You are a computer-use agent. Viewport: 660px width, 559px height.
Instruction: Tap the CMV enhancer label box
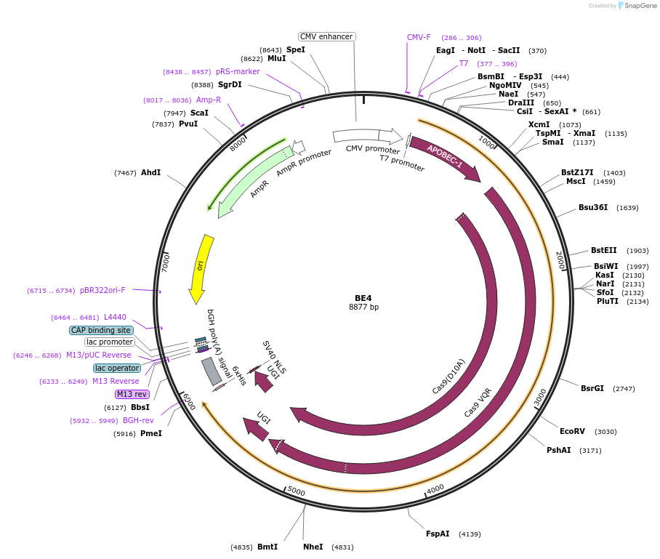(327, 36)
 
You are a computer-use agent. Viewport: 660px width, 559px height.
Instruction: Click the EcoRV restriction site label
(572, 431)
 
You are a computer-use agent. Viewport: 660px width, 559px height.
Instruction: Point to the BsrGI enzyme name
(592, 388)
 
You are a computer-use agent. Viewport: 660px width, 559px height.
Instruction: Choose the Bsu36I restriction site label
(593, 207)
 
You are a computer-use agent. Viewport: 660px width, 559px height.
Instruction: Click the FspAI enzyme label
(438, 534)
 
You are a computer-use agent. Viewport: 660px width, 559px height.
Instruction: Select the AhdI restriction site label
(150, 172)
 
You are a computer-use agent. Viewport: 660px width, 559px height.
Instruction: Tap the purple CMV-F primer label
(419, 37)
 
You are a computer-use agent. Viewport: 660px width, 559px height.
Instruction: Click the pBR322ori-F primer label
(102, 290)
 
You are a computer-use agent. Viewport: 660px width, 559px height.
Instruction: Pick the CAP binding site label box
(101, 330)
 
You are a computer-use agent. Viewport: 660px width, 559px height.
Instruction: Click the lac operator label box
(116, 368)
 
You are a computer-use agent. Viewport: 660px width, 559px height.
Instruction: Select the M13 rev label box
(132, 394)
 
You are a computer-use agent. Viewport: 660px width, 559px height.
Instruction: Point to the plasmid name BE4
(363, 298)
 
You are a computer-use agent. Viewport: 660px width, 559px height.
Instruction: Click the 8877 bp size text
(363, 307)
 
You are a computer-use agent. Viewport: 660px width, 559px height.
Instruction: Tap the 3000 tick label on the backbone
(540, 397)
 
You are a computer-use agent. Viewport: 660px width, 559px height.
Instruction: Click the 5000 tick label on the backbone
(296, 491)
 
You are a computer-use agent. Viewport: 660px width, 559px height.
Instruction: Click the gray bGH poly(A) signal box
(212, 371)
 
